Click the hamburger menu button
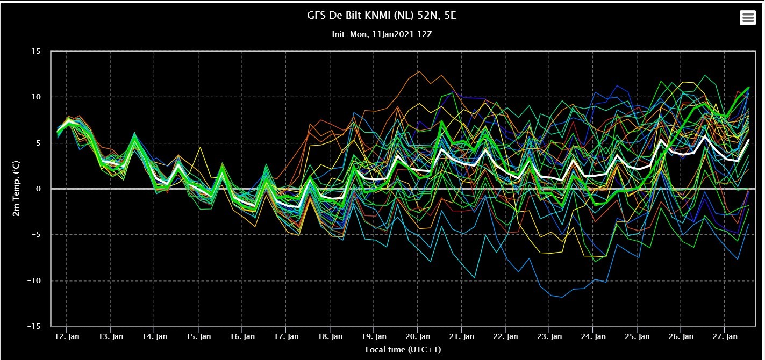pyautogui.click(x=748, y=17)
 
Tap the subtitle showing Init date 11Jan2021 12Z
pyautogui.click(x=382, y=34)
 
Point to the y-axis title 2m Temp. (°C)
pyautogui.click(x=16, y=189)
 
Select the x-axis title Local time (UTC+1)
pyautogui.click(x=403, y=349)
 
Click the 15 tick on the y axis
pyautogui.click(x=36, y=51)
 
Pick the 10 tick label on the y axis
pyautogui.click(x=36, y=97)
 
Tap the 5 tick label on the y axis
pyautogui.click(x=38, y=142)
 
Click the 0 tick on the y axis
pyautogui.click(x=38, y=189)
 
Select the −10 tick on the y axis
pyautogui.click(x=34, y=280)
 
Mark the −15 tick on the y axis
pyautogui.click(x=34, y=326)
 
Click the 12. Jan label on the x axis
pyautogui.click(x=67, y=336)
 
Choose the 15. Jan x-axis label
pyautogui.click(x=198, y=336)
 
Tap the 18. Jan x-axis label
pyautogui.click(x=330, y=336)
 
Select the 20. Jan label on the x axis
pyautogui.click(x=418, y=336)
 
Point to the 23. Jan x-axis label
pyautogui.click(x=549, y=336)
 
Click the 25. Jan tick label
pyautogui.click(x=637, y=336)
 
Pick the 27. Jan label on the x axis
pyautogui.click(x=725, y=336)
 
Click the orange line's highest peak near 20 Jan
pyautogui.click(x=419, y=71)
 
